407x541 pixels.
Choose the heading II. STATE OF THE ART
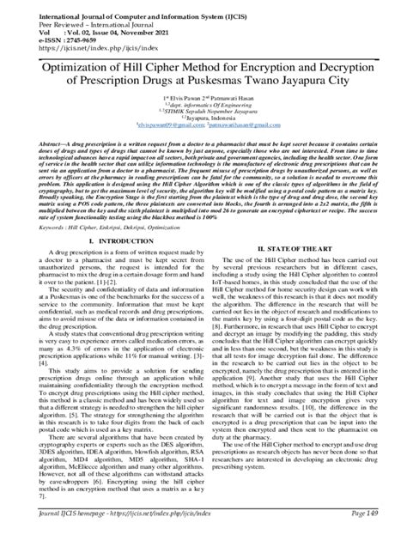(301, 248)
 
